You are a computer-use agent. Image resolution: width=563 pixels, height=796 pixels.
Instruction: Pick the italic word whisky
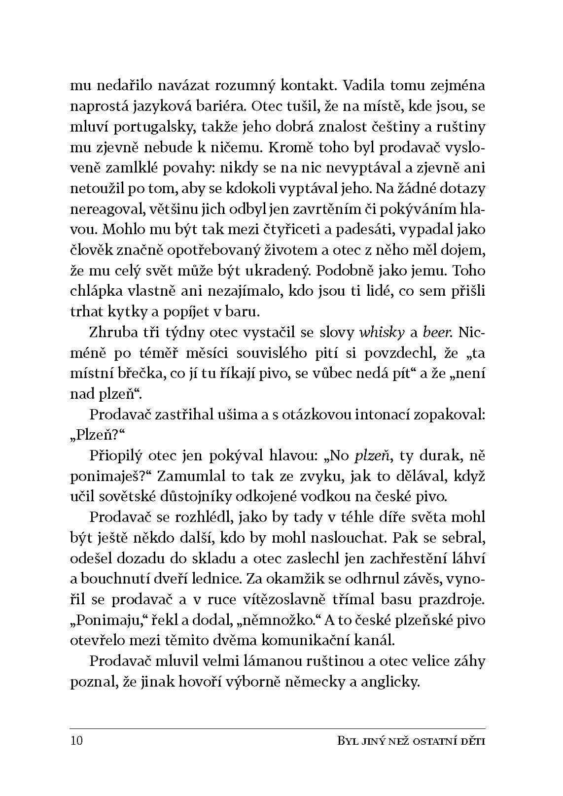tap(380, 333)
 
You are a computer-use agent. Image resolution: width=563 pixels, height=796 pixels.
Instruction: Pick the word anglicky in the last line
tap(389, 682)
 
